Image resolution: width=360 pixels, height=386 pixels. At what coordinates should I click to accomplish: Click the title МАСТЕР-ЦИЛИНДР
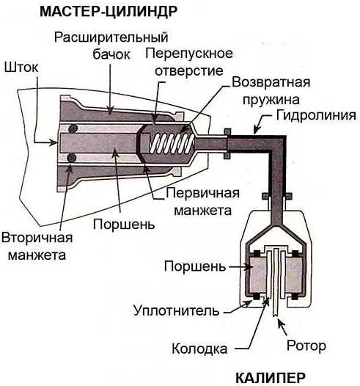tap(109, 12)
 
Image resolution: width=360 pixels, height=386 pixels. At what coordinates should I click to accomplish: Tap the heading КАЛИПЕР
tap(271, 377)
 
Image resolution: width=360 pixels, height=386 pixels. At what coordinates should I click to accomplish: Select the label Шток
tap(21, 67)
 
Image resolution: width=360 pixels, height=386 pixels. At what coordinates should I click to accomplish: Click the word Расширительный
tap(111, 37)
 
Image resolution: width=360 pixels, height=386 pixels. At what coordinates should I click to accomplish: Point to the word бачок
tap(111, 54)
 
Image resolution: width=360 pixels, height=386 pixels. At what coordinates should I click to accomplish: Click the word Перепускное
tap(189, 54)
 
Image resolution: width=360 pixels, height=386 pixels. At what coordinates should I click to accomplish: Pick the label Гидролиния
tap(316, 115)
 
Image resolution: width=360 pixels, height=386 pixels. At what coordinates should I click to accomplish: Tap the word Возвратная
tap(271, 82)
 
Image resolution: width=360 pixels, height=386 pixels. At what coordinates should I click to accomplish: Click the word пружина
tap(271, 100)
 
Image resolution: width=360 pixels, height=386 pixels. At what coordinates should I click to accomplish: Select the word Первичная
tap(202, 193)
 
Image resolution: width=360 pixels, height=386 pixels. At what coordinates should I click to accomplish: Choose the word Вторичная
tap(37, 238)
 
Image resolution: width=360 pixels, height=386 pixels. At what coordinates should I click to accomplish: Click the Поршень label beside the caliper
tap(195, 266)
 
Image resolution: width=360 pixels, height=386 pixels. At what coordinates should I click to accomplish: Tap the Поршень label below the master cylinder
tap(124, 225)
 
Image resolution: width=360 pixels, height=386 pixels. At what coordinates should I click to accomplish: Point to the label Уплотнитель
tap(176, 310)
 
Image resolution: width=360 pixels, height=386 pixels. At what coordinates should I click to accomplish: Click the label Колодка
tap(199, 349)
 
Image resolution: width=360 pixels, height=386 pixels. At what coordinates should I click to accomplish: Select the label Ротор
tap(306, 346)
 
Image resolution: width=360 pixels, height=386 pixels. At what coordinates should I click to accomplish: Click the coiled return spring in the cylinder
tap(172, 144)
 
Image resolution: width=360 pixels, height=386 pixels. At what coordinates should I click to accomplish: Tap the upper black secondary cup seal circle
tap(73, 128)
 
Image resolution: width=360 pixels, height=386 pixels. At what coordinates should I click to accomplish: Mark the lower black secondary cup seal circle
tap(73, 158)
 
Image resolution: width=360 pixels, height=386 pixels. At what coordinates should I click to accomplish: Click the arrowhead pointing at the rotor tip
tap(280, 322)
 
